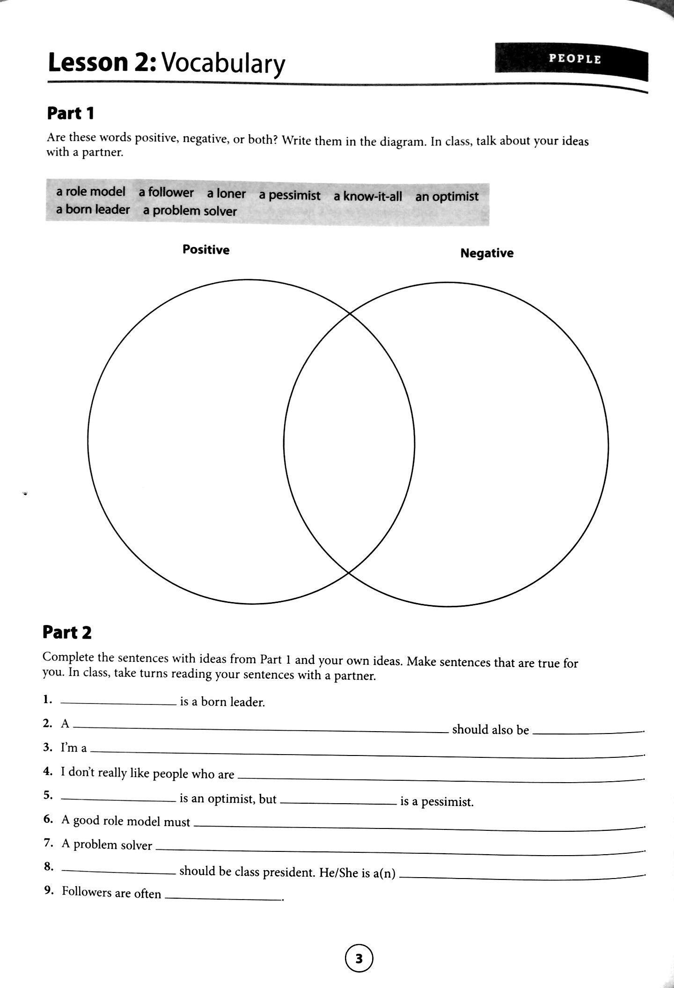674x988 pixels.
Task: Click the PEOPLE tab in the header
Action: tap(574, 59)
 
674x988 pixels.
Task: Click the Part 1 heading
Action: tap(71, 113)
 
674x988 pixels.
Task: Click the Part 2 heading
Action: tap(67, 632)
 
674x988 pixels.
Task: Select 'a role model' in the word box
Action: tap(91, 191)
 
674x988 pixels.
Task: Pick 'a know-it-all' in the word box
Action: tap(367, 196)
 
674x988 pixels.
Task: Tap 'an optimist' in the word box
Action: tap(447, 196)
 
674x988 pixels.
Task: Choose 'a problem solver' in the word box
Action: tap(190, 211)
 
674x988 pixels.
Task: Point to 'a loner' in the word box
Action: tap(227, 194)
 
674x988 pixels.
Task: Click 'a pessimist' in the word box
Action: tap(290, 195)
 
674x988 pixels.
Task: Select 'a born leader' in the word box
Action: tap(93, 209)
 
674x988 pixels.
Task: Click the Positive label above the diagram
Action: tap(206, 250)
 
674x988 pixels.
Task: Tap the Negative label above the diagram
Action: tap(487, 253)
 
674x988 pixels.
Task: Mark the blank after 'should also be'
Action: tap(588, 732)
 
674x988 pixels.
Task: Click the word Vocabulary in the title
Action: tap(223, 64)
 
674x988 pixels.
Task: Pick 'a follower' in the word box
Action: tap(166, 192)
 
